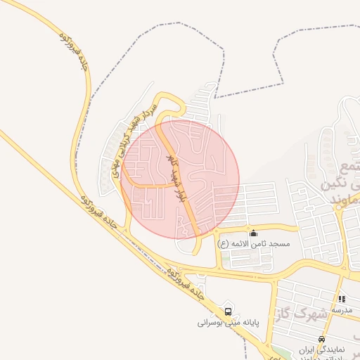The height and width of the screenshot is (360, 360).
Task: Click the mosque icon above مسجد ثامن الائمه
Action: point(253,233)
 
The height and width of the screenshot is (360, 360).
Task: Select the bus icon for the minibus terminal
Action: point(228,311)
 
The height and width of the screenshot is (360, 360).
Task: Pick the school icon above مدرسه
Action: point(342,299)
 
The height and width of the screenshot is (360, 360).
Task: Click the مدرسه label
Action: point(342,309)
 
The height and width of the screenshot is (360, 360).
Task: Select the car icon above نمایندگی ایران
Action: point(321,339)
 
